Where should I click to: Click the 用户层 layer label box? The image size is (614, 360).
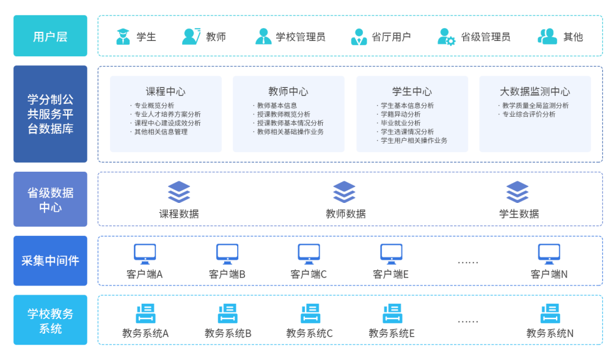(x=50, y=36)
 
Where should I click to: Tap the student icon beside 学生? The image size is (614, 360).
(x=123, y=37)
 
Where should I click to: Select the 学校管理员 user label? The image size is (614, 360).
(x=300, y=37)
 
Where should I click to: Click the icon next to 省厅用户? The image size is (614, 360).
(x=359, y=37)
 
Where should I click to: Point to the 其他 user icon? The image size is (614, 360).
(x=547, y=37)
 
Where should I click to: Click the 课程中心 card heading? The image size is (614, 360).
(x=166, y=92)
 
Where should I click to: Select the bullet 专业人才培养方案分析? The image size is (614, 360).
(x=167, y=114)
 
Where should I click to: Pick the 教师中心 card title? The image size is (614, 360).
(x=288, y=92)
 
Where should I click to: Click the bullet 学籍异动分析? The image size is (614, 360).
(x=400, y=114)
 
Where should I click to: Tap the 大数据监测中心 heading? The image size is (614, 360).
(x=535, y=92)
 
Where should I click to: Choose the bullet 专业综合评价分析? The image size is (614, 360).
(x=528, y=114)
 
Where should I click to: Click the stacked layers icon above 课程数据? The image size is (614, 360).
(x=179, y=191)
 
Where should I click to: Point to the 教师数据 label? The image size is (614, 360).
(x=345, y=214)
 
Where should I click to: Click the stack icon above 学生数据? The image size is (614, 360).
(x=517, y=191)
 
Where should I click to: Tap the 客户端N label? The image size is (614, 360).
(x=549, y=274)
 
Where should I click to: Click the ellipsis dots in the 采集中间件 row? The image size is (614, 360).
(x=467, y=262)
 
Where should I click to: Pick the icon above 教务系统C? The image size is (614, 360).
(x=310, y=314)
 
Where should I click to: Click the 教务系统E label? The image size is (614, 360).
(x=392, y=334)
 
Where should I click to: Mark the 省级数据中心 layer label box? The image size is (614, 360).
(x=50, y=199)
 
